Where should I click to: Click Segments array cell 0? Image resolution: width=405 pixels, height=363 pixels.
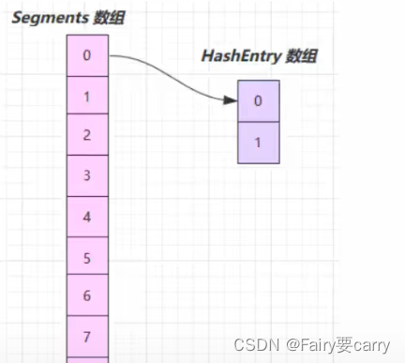tap(87, 56)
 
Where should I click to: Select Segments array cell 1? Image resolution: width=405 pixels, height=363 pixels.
tap(87, 96)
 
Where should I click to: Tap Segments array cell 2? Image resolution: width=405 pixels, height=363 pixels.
tap(87, 135)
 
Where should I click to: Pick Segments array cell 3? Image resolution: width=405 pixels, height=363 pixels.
tap(87, 174)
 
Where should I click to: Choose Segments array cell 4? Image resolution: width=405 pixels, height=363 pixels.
tap(87, 216)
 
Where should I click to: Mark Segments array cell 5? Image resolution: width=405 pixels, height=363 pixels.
tap(87, 256)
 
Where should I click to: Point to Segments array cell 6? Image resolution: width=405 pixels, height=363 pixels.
tap(87, 295)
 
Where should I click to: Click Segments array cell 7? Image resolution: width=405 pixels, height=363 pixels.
tap(87, 336)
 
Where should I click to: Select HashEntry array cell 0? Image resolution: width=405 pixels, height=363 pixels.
tap(258, 101)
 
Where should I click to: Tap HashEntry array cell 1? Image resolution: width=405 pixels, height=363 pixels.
tap(258, 143)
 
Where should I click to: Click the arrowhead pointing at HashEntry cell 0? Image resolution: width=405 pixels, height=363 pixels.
tap(231, 99)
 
